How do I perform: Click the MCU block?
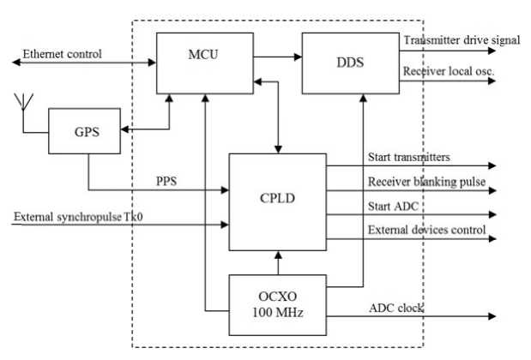[x=205, y=61]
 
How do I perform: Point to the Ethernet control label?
[x=63, y=54]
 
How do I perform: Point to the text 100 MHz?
[x=277, y=314]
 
